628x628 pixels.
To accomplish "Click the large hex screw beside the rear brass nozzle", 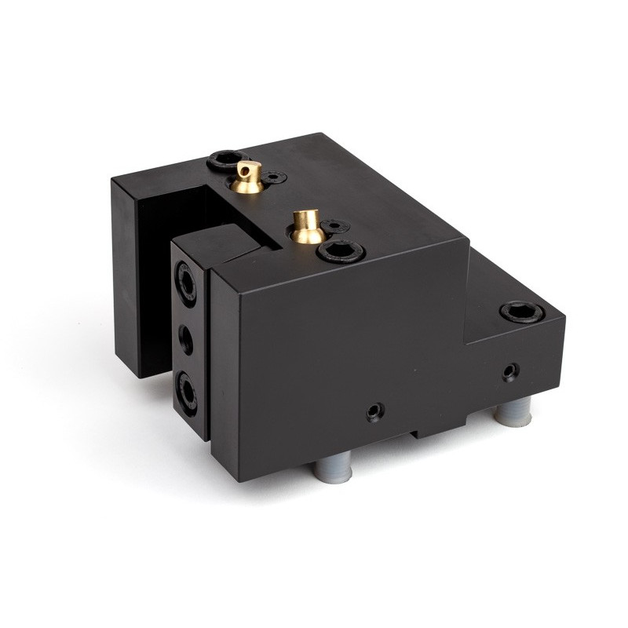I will point(221,160).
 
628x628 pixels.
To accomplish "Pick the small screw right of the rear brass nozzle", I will point(273,179).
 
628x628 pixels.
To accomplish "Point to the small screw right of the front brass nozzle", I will point(334,226).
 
